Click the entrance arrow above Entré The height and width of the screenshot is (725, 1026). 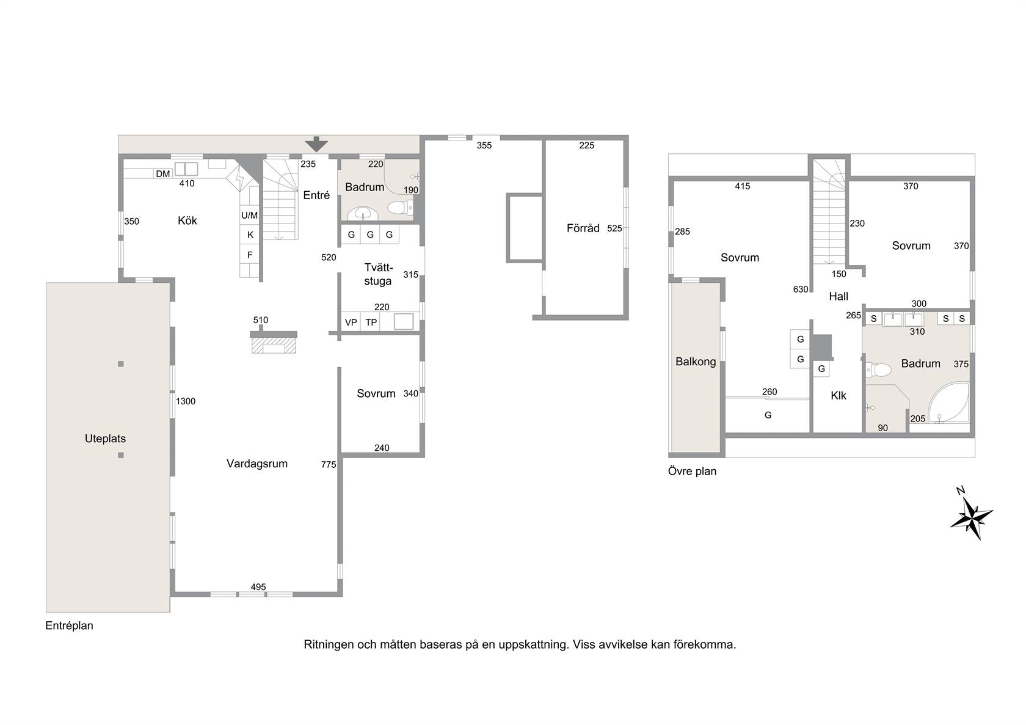(x=316, y=144)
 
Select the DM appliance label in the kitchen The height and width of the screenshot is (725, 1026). (x=162, y=173)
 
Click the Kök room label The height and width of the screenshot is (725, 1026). (x=187, y=220)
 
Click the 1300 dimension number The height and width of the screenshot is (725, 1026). (x=186, y=401)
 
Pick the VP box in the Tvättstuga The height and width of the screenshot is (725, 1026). (x=351, y=322)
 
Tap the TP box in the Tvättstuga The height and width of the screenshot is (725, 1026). (x=371, y=322)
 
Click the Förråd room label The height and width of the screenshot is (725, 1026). (x=583, y=228)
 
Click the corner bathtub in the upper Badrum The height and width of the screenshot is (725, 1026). (x=949, y=403)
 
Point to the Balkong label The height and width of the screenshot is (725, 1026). (x=696, y=362)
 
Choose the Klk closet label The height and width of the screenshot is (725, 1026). (x=839, y=396)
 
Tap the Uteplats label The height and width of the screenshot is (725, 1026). (x=105, y=439)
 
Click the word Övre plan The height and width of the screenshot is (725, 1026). (x=692, y=472)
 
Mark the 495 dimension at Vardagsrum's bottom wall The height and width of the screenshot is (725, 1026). (x=258, y=587)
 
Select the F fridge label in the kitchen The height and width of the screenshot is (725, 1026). (x=250, y=255)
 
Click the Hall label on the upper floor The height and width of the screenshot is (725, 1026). (x=839, y=296)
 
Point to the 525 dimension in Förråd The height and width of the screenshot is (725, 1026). (x=614, y=228)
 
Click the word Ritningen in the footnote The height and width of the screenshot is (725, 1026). (x=329, y=645)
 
